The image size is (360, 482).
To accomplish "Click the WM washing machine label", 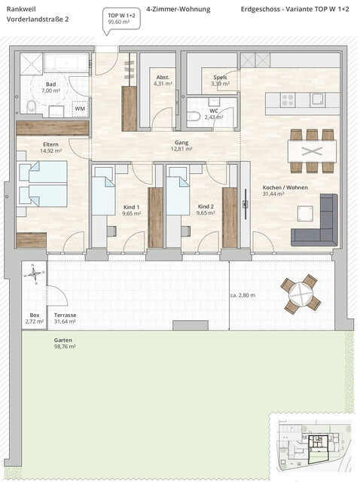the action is click(80, 108).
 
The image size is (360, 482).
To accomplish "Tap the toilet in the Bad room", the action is click(32, 107).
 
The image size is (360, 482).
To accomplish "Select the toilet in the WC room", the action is click(194, 116).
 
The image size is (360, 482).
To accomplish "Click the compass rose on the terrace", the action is click(35, 273).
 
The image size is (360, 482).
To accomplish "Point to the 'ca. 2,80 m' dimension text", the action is click(243, 295).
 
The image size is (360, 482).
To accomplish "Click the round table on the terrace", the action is click(301, 294).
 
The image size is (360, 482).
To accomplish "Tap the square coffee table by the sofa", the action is click(305, 214).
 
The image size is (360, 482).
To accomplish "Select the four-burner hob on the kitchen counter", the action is click(288, 100).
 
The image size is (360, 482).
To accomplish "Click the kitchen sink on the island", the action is click(317, 99).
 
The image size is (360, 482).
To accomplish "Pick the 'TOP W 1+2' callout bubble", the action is click(121, 20).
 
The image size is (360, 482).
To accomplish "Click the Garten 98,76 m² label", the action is click(65, 343).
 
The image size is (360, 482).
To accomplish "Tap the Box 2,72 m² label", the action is click(35, 319).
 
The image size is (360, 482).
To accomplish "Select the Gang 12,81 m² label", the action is click(182, 145).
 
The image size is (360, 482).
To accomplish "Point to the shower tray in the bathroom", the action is click(31, 63).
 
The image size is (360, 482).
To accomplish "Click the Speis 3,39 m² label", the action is click(221, 81).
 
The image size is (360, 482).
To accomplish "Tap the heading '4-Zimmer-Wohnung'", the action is click(178, 9).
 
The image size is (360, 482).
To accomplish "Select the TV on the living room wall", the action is click(246, 204).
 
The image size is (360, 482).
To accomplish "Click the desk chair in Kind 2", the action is click(185, 231).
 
